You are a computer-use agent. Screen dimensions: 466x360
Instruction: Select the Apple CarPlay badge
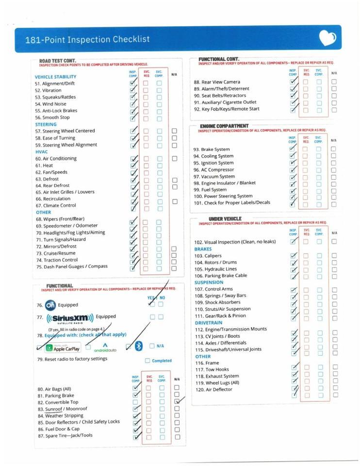[x=63, y=348]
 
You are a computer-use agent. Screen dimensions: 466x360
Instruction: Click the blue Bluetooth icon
[x=138, y=346]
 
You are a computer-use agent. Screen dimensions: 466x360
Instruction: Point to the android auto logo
[x=105, y=348]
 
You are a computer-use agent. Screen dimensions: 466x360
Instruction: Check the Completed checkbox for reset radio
[x=147, y=361]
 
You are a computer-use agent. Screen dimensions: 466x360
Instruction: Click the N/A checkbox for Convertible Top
[x=177, y=402]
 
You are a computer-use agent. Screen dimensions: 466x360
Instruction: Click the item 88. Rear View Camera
[x=217, y=82]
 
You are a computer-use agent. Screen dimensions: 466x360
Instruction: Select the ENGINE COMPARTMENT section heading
[x=224, y=126]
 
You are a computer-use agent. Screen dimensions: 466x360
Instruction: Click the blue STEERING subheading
[x=46, y=124]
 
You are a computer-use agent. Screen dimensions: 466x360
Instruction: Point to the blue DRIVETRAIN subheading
[x=209, y=322]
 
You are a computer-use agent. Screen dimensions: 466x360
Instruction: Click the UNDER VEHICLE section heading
[x=225, y=219]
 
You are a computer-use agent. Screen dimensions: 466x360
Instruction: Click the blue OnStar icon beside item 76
[x=50, y=305]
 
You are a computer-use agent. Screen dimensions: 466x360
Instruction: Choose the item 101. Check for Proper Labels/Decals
[x=232, y=203]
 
